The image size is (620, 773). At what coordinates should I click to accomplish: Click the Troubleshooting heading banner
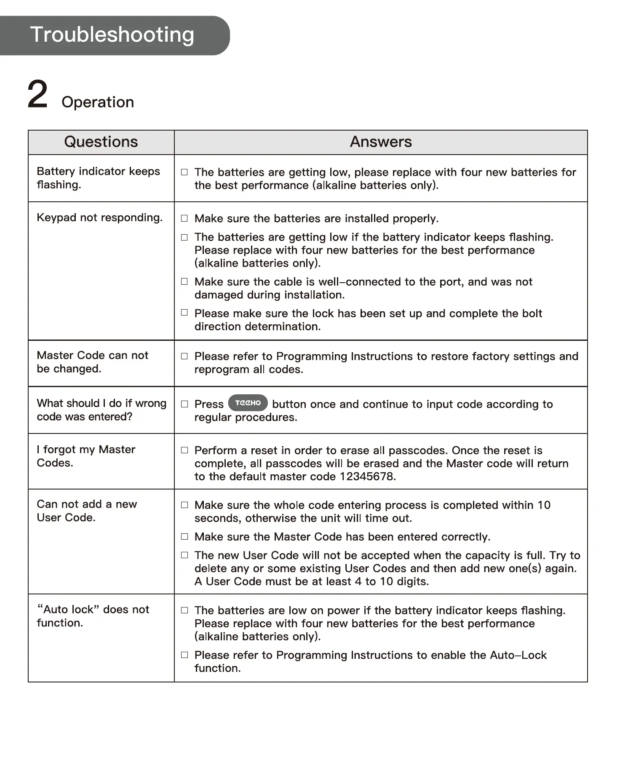pos(112,35)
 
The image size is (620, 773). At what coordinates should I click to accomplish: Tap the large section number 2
pos(37,94)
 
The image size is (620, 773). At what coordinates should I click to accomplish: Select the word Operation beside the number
pos(98,102)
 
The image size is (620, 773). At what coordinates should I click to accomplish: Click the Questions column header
pos(101,142)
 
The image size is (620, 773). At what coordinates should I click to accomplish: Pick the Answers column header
pos(381,142)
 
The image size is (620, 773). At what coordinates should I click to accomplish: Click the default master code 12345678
pos(367,476)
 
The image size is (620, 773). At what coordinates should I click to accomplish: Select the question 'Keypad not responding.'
pos(99,218)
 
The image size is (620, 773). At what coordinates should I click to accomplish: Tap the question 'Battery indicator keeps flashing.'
pos(98,178)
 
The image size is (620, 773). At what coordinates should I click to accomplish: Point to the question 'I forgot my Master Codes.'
pos(86,456)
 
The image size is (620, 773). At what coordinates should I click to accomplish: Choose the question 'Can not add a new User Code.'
pos(87,511)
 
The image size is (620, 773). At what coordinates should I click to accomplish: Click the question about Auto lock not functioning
pos(93,616)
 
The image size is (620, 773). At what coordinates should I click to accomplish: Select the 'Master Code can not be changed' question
pos(92,362)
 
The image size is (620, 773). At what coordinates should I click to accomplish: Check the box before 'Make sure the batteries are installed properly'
pos(184,218)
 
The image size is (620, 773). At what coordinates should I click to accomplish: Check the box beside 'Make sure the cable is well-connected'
pos(184,281)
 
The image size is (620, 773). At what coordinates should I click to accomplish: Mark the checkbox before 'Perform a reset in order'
pos(184,450)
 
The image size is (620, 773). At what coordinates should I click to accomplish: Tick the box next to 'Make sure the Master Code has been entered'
pos(184,537)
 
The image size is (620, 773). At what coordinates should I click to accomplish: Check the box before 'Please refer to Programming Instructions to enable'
pos(184,655)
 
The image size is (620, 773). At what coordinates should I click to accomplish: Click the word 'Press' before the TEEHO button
pos(209,404)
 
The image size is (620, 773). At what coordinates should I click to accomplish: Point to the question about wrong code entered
pos(102,410)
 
